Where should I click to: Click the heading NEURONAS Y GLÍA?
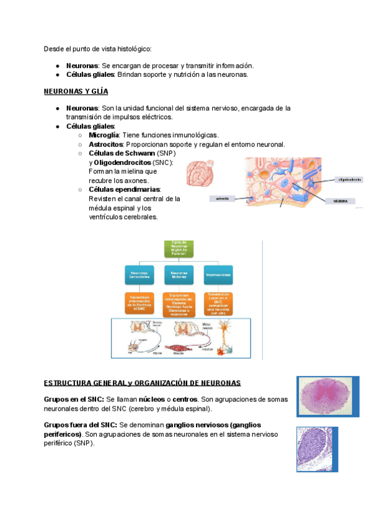pyautogui.click(x=76, y=91)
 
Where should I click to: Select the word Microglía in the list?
pyautogui.click(x=104, y=135)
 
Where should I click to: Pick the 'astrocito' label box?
pyautogui.click(x=222, y=198)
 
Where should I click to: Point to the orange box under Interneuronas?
pyautogui.click(x=220, y=303)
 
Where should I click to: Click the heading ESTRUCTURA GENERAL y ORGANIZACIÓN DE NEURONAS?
pyautogui.click(x=142, y=383)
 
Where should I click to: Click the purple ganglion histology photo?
pyautogui.click(x=316, y=449)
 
